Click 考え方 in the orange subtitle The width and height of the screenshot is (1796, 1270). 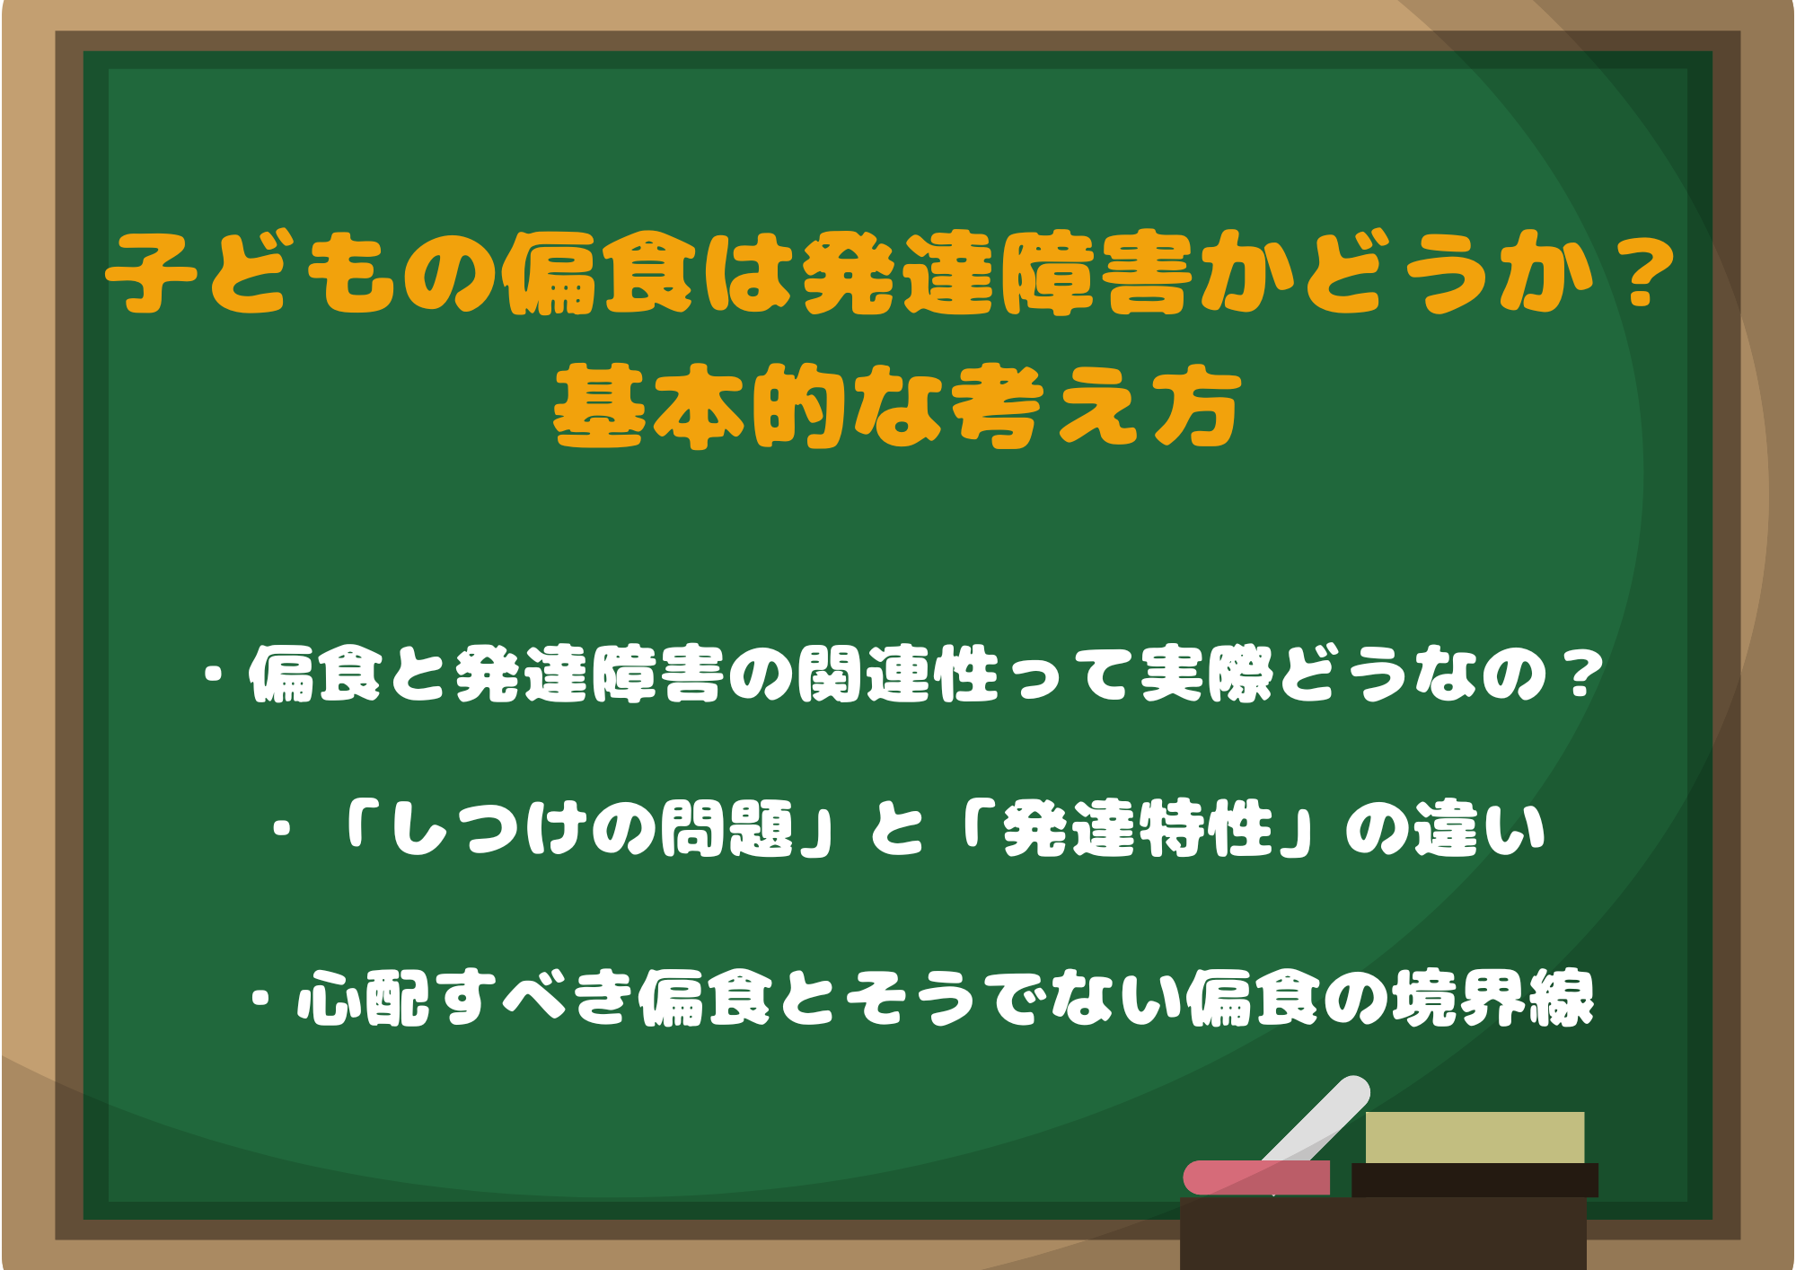(1096, 409)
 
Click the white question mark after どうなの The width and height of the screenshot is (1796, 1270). (1580, 675)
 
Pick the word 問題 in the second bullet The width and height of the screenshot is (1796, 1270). (727, 828)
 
